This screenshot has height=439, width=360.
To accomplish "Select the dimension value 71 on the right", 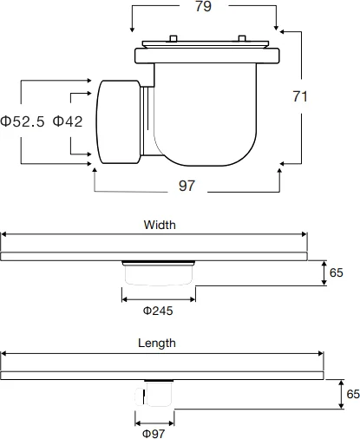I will point(300,97).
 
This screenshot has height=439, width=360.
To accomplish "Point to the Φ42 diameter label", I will point(68,121).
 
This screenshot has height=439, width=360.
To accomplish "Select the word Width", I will point(160,224).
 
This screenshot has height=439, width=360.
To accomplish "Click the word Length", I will point(157,343).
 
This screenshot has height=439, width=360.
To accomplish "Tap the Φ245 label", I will point(159,310).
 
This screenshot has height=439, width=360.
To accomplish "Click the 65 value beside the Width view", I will point(337,272).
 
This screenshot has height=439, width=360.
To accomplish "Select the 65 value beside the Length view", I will point(352,393).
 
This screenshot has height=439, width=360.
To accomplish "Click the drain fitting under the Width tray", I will point(159,273).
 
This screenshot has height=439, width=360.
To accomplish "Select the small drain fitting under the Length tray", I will point(156,394).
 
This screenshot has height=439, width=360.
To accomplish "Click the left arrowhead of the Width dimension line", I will point(3,234).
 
